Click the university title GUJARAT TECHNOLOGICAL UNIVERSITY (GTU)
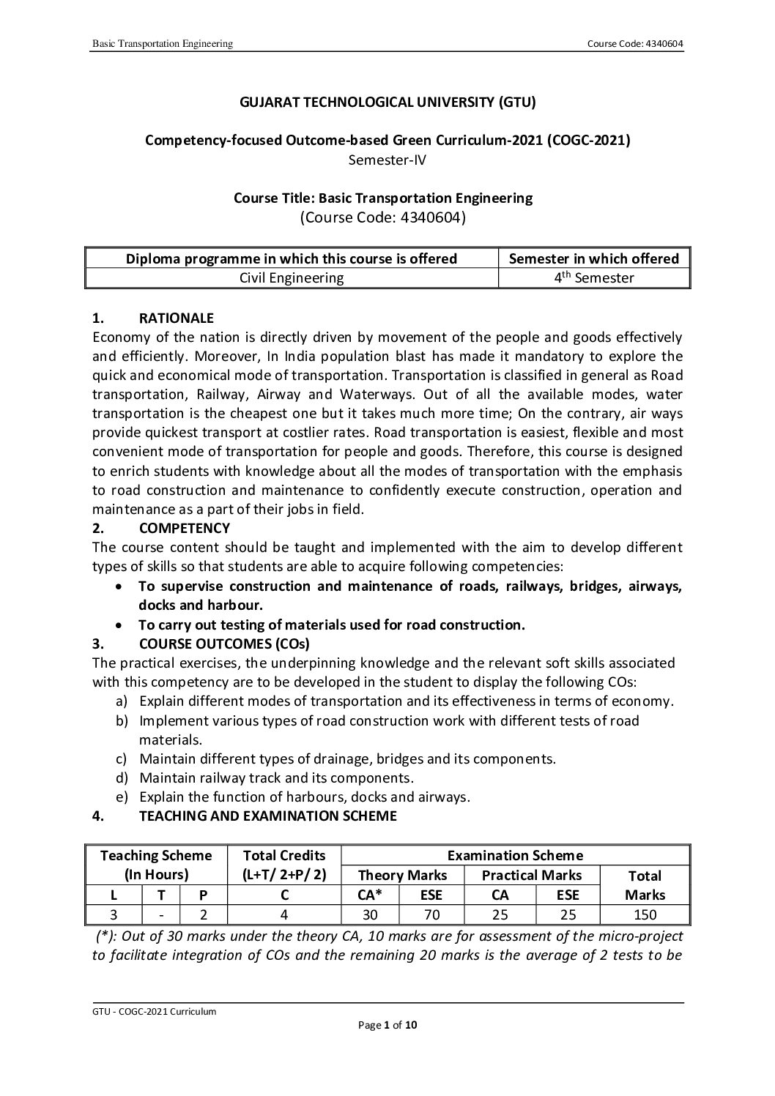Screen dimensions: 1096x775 point(387,102)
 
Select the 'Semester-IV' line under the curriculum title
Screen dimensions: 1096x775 point(387,159)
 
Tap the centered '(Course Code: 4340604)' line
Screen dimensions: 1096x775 point(383,217)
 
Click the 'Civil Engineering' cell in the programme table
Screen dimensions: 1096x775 point(292,278)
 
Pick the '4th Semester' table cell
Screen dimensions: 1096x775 point(593,278)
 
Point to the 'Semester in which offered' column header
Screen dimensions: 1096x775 point(593,258)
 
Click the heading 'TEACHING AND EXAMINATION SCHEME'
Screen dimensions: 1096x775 point(267,816)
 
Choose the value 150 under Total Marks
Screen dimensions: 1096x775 point(645,914)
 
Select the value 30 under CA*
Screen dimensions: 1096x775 point(370,914)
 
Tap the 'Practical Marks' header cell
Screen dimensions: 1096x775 point(531,876)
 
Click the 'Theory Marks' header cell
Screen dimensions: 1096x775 point(402,876)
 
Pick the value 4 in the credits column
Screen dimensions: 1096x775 point(283,914)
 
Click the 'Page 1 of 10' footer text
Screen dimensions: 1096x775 point(387,1026)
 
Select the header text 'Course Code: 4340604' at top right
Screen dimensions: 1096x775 point(635,44)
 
